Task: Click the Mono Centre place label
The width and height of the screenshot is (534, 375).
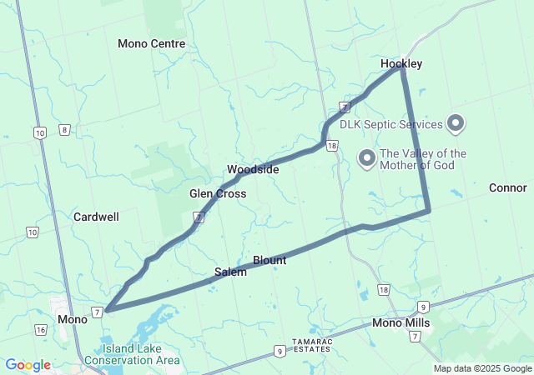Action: pos(151,43)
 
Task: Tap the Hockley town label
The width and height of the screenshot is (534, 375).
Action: pos(401,63)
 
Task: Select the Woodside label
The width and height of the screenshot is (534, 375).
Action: pos(253,169)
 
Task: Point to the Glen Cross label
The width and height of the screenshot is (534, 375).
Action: pos(218,193)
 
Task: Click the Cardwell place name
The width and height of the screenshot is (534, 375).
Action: pos(96,217)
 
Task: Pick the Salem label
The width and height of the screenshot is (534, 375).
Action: pos(230,272)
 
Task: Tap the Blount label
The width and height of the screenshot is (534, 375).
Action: pos(270,261)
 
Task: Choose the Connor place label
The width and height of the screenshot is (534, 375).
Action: pos(507,187)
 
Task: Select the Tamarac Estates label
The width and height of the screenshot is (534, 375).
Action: pos(313,346)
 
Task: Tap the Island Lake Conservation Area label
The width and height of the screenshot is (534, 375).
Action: pos(140,354)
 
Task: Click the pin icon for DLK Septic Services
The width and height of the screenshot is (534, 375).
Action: pos(456,125)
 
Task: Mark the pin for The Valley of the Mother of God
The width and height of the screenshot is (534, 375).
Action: pos(365,157)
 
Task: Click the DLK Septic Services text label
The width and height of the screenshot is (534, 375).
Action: pos(390,125)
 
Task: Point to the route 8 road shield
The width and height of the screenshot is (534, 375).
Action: pos(64,129)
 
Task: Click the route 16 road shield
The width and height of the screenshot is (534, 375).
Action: pos(41,330)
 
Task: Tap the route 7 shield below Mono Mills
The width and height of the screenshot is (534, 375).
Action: pos(416,337)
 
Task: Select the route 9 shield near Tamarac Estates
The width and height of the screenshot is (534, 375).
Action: pos(277,352)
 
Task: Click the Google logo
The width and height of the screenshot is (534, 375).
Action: pos(28,365)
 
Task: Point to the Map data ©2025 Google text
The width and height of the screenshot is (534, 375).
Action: pos(482,368)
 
